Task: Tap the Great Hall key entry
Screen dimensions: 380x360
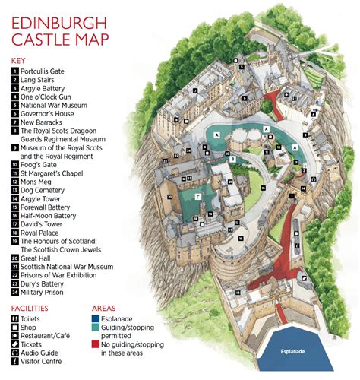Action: (x=38, y=258)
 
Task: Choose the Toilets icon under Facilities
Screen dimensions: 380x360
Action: (x=15, y=319)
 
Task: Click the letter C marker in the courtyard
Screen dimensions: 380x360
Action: (x=197, y=196)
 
